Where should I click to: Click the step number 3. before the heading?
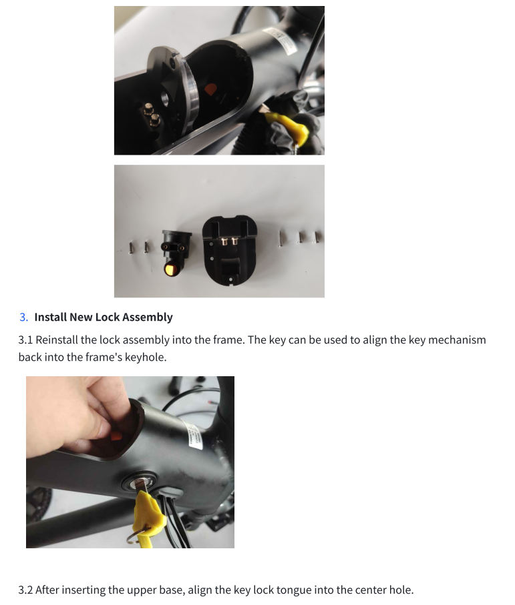pyautogui.click(x=24, y=318)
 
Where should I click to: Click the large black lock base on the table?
pyautogui.click(x=229, y=250)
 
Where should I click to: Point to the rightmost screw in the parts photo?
pyautogui.click(x=318, y=237)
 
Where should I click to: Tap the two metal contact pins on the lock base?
pyautogui.click(x=229, y=241)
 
